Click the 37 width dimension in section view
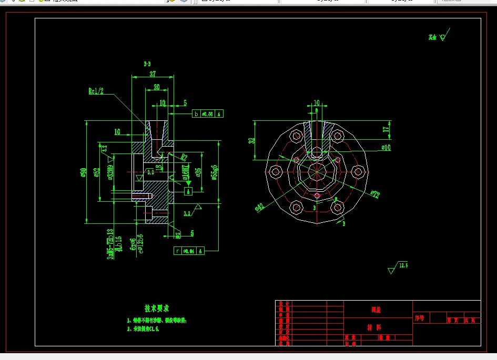[153, 74]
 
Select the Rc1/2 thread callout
[96, 91]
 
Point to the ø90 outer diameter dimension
[84, 172]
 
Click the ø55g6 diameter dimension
[215, 172]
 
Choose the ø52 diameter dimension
[97, 173]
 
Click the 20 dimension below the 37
[156, 87]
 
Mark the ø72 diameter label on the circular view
[374, 194]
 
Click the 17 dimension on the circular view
[386, 129]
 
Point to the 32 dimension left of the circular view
[252, 140]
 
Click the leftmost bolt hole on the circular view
[275, 171]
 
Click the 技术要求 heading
[157, 308]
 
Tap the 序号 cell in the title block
[419, 318]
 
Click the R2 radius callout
[184, 157]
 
